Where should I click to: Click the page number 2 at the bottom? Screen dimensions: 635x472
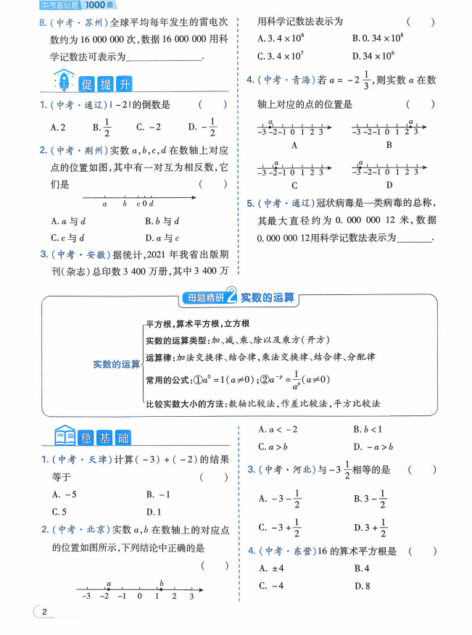44,613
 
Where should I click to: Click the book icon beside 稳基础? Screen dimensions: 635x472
64,436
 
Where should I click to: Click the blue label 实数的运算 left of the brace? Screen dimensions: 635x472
116,364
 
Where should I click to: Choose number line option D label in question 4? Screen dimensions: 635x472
389,184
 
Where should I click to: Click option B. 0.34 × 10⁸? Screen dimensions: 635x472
377,37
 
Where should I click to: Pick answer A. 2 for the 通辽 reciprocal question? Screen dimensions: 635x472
58,127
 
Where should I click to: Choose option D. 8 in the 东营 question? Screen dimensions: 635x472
363,586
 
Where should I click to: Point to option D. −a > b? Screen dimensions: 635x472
373,447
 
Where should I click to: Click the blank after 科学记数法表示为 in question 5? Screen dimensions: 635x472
414,238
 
